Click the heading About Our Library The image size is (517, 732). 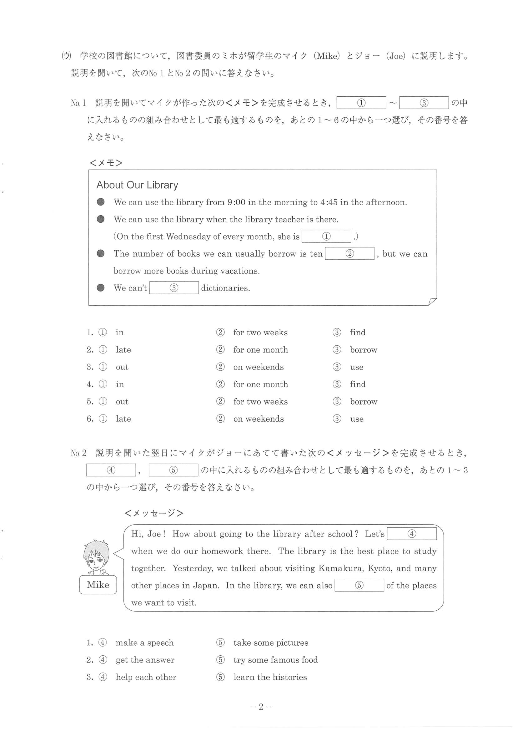(137, 185)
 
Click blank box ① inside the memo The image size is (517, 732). (326, 236)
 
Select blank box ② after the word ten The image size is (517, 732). (349, 253)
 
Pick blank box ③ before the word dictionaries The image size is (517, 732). (174, 288)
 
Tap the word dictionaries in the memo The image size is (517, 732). (225, 288)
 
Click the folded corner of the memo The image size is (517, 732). (432, 302)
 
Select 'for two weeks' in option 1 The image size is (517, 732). (260, 333)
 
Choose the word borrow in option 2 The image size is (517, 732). (364, 350)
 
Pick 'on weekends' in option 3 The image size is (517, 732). (258, 367)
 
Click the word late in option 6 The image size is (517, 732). (123, 419)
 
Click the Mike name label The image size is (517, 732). (98, 585)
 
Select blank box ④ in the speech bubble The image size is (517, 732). (412, 534)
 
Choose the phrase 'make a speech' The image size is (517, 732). (145, 643)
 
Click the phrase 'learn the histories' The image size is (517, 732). (270, 677)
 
